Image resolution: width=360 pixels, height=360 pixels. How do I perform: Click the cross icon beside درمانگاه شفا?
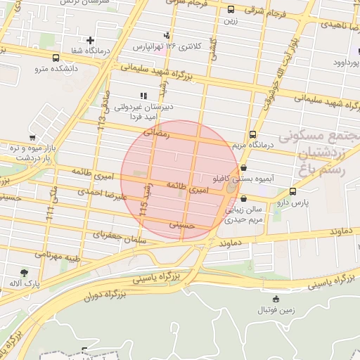coord(91,40)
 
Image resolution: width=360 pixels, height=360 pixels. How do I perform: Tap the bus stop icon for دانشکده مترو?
coord(56,58)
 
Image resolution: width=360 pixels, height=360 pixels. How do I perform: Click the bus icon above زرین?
coord(231,10)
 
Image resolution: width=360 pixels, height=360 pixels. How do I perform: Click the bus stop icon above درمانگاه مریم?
coord(252,134)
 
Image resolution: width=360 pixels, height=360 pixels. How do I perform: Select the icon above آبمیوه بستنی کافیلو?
coord(243,168)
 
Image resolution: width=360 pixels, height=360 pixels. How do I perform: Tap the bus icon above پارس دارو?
coord(292,191)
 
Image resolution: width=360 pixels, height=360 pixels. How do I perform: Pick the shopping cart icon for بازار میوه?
coord(32,138)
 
